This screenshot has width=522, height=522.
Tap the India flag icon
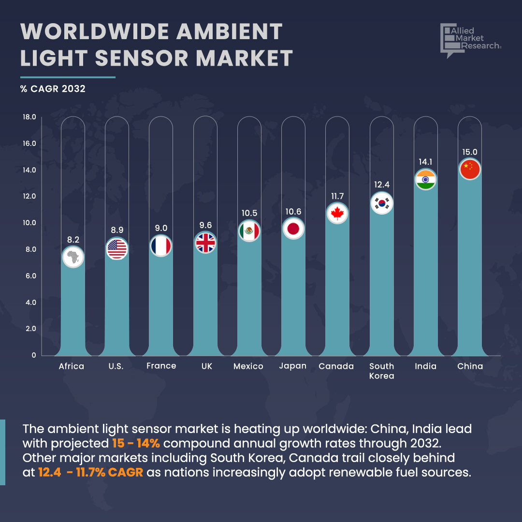[425, 180]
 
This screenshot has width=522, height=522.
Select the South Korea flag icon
[381, 203]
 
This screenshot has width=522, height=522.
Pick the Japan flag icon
[293, 229]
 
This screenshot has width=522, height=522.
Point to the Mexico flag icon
[249, 231]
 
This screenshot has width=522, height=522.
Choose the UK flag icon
[205, 243]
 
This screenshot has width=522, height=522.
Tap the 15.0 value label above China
[469, 152]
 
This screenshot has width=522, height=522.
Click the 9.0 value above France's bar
[161, 228]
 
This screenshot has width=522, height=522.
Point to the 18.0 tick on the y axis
[29, 117]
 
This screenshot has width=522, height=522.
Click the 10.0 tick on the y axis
[29, 223]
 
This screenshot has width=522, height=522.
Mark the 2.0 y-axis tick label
[30, 329]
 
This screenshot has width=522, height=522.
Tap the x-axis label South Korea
[381, 371]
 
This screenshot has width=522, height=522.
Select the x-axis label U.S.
[116, 366]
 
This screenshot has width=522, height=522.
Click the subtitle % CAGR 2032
[53, 89]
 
